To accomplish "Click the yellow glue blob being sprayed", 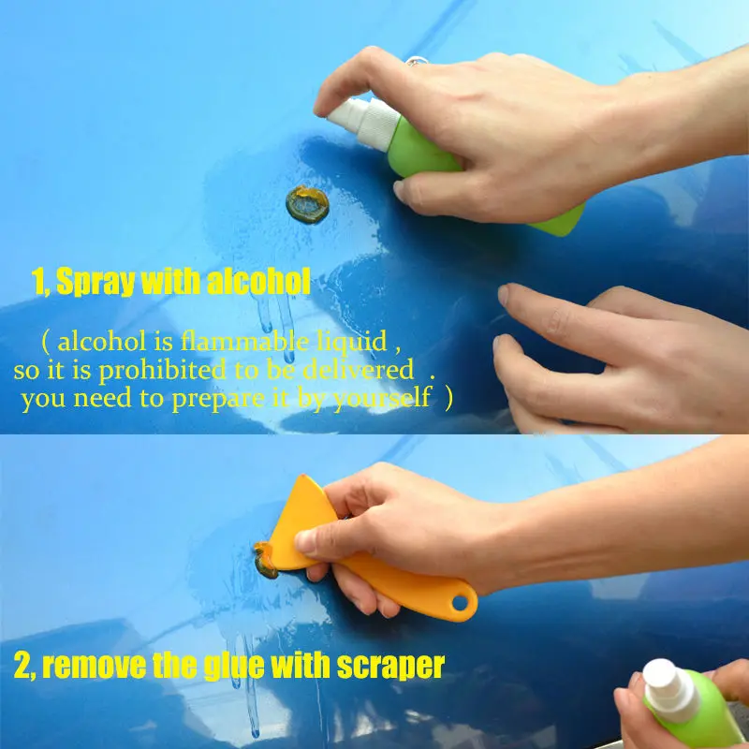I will pyautogui.click(x=308, y=204).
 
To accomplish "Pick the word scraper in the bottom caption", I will pyautogui.click(x=384, y=667).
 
